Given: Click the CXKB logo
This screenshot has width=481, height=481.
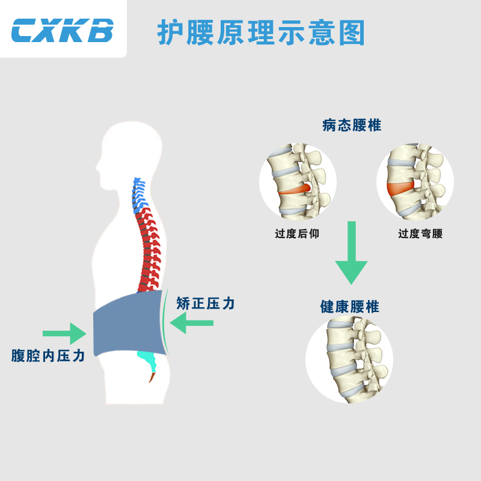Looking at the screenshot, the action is (x=63, y=29).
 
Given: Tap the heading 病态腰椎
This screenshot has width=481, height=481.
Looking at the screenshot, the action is (x=351, y=126).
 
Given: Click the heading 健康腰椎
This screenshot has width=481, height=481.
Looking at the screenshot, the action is (x=349, y=307).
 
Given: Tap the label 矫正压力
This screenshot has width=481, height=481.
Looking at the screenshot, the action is (x=206, y=304).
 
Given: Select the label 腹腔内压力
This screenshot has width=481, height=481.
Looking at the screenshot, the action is (x=48, y=355).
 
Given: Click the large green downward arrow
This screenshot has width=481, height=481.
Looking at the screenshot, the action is (x=351, y=253).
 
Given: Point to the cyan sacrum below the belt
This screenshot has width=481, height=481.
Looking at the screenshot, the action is (x=147, y=360).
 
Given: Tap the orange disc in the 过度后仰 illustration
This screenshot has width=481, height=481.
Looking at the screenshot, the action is (x=296, y=190).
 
